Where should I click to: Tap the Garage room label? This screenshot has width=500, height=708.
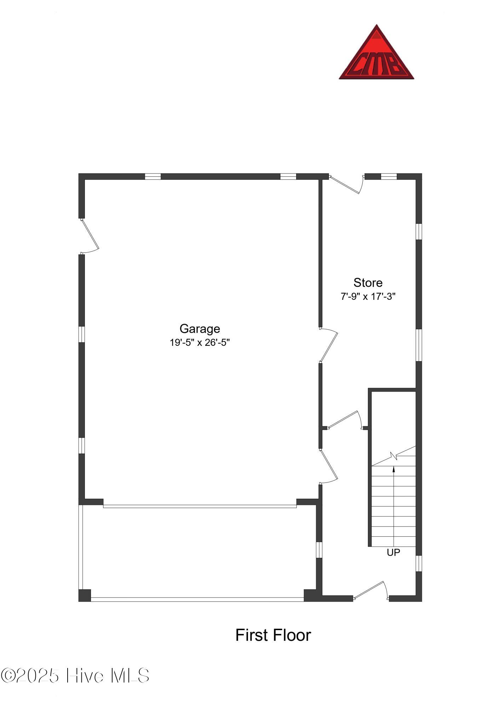click(x=200, y=329)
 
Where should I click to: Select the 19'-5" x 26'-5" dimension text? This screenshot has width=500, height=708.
click(x=200, y=343)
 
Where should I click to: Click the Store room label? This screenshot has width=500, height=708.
click(x=368, y=282)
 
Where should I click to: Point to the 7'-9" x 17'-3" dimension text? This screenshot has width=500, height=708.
click(x=368, y=297)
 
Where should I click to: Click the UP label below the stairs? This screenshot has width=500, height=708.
click(x=393, y=553)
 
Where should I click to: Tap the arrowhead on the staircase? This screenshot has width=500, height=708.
click(x=394, y=469)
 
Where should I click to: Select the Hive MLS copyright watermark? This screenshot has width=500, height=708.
click(x=75, y=676)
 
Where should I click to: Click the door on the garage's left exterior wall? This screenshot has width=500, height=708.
click(x=89, y=236)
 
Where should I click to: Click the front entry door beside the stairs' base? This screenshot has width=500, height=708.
click(x=371, y=590)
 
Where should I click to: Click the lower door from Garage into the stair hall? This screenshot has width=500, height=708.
click(x=328, y=467)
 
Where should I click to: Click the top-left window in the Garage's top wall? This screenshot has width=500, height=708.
click(x=153, y=177)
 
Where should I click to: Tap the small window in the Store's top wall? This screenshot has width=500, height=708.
click(x=389, y=177)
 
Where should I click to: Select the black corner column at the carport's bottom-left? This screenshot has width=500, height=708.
click(x=85, y=595)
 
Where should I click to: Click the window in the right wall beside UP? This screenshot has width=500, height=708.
click(x=419, y=563)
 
